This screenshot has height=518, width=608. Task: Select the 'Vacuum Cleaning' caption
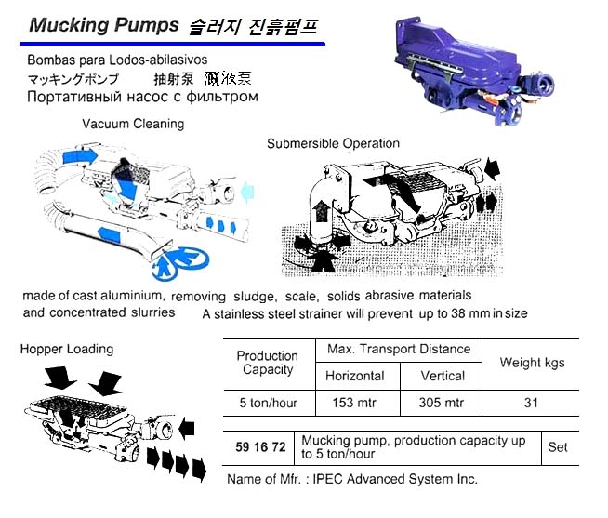[x=133, y=124]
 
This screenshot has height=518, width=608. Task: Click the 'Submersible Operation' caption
[x=333, y=143]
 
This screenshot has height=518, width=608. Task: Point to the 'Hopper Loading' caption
[x=67, y=350]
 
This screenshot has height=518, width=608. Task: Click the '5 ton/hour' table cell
[x=267, y=404]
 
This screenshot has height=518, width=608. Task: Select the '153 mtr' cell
[x=354, y=404]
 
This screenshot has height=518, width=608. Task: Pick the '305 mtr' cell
[x=443, y=404]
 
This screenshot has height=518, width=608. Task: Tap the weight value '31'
[x=532, y=404]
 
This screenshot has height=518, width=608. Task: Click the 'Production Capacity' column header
[x=267, y=363]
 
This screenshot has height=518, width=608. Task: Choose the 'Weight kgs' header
[x=532, y=363]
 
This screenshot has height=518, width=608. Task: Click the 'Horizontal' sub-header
[x=354, y=376]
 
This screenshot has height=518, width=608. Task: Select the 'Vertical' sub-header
[x=443, y=376]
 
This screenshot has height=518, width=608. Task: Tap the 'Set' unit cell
[x=558, y=446]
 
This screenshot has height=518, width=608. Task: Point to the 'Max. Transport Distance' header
[x=399, y=350]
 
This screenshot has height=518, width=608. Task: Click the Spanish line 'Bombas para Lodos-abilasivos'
[x=111, y=60]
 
